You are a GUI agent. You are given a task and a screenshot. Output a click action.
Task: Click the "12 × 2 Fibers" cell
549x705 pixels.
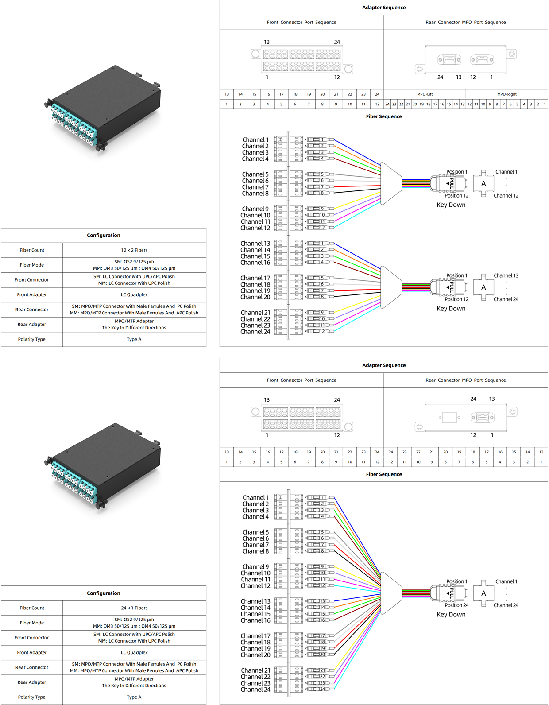[x=134, y=250]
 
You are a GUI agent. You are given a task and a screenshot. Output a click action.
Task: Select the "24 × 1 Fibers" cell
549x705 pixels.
[x=134, y=608]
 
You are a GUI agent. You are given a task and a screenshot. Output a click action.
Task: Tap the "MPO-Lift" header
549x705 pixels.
[x=425, y=94]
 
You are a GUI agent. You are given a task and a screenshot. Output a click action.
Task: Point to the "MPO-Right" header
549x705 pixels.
[x=507, y=94]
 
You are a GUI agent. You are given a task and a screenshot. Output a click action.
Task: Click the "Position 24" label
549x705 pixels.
[x=456, y=605]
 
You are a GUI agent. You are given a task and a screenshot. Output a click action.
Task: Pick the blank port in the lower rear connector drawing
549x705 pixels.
[x=449, y=418]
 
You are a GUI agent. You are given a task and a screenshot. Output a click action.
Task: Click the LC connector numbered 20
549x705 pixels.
[x=320, y=655]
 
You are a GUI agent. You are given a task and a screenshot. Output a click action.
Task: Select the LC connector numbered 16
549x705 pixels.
[x=320, y=620]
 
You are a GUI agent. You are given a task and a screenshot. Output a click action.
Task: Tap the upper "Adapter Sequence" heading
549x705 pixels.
[x=383, y=8]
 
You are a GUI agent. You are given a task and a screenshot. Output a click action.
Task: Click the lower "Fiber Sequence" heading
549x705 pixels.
[x=383, y=474]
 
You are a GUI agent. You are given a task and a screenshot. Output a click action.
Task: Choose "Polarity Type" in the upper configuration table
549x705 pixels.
[x=32, y=339]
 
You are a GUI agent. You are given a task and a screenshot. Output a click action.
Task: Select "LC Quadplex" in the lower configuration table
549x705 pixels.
[x=134, y=652]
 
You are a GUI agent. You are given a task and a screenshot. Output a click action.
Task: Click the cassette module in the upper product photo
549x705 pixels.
[x=102, y=108]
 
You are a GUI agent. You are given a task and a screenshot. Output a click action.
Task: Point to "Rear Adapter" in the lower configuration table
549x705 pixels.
[x=32, y=682]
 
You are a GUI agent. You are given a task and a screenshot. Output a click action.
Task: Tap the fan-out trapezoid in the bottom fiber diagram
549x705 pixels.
[x=391, y=593]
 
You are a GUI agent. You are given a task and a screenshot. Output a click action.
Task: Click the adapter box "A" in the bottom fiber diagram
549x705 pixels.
[x=483, y=593]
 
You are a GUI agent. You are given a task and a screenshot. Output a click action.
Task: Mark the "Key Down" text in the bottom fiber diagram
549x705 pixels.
[x=451, y=614]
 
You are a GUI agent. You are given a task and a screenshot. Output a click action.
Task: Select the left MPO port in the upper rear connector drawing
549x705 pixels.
[x=449, y=60]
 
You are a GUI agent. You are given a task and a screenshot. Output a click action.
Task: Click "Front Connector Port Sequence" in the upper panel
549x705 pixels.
[x=302, y=23]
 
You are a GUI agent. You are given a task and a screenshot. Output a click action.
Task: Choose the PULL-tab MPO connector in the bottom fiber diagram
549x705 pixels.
[x=449, y=593]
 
